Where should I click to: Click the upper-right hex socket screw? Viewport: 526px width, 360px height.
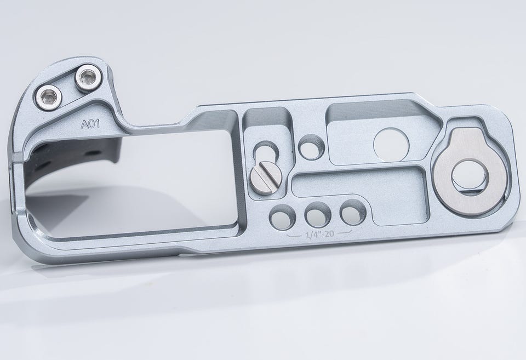click(88, 78)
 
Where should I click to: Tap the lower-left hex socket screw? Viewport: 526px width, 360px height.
click(49, 98)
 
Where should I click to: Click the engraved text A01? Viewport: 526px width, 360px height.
click(90, 124)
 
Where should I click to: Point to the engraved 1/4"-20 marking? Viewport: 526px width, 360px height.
click(319, 233)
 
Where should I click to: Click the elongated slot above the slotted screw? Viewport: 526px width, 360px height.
click(266, 151)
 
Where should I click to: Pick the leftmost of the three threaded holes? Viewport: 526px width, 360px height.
click(283, 218)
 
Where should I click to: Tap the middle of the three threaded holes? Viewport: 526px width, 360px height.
click(317, 215)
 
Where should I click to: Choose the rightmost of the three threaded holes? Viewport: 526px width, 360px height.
click(352, 212)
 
